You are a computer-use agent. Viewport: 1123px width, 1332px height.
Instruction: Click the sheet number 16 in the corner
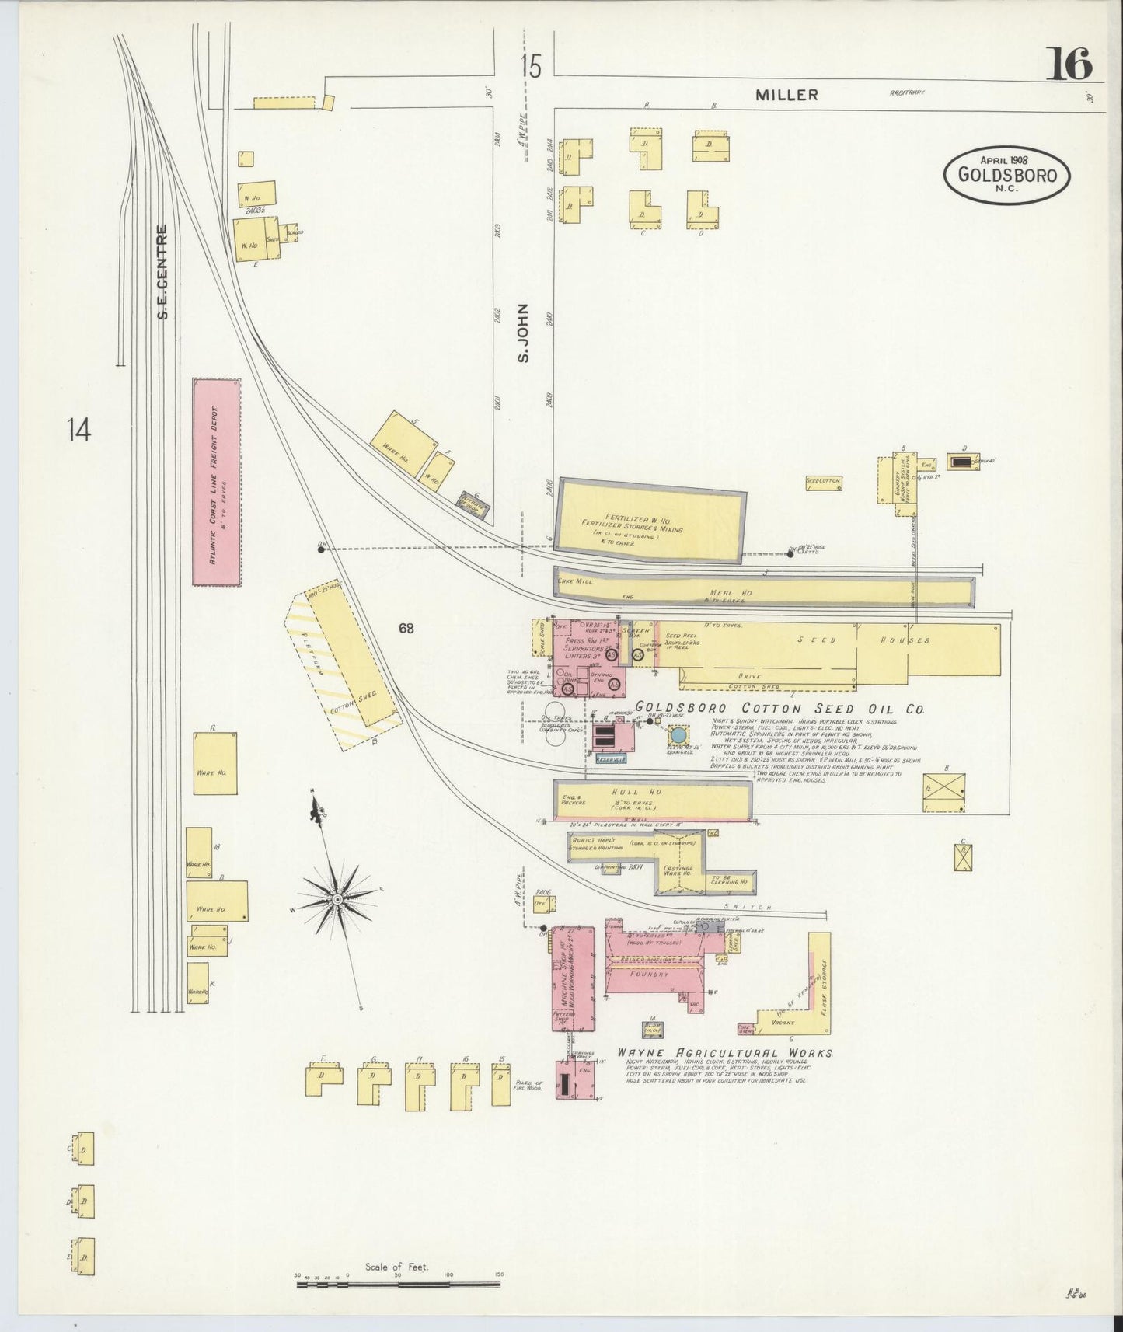1071,64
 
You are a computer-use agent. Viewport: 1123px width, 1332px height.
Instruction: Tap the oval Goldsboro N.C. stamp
1007,174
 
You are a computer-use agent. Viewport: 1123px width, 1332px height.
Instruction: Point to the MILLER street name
787,95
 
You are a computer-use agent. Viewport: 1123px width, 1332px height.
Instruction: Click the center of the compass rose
338,899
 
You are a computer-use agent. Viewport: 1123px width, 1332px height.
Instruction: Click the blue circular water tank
678,734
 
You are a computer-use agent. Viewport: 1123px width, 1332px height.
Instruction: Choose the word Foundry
649,973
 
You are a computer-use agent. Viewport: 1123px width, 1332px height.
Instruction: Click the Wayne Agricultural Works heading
725,1054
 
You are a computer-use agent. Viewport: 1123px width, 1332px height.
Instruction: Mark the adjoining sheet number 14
78,429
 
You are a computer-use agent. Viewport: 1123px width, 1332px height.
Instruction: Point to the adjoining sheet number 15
531,67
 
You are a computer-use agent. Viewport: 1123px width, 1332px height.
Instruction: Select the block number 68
406,628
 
